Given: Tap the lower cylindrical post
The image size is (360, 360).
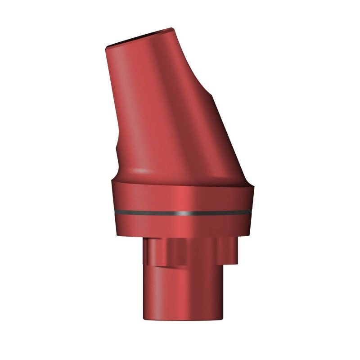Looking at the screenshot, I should [x=180, y=292].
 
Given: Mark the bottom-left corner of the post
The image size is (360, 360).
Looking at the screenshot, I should [x=144, y=319].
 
